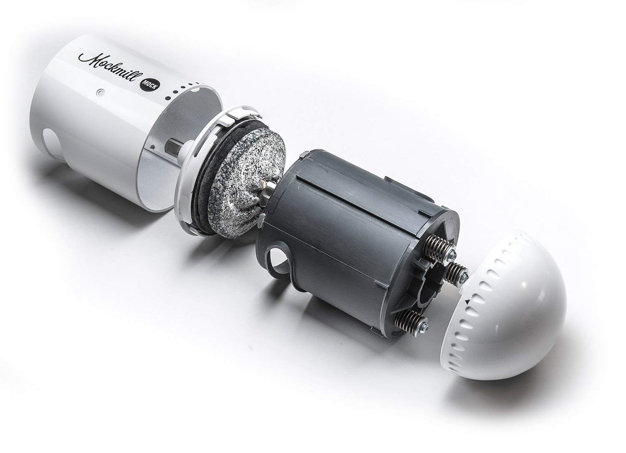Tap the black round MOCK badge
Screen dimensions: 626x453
150,84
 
